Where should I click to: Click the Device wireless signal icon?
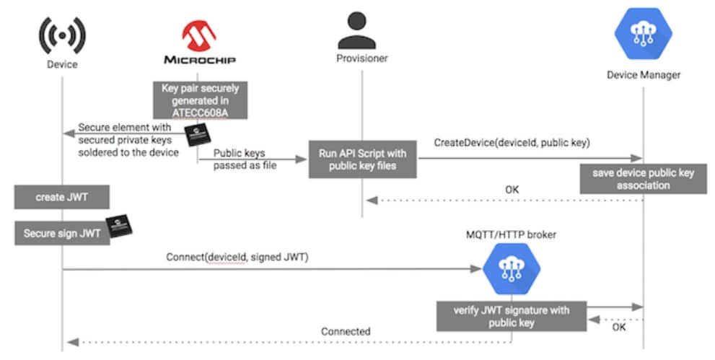(61, 34)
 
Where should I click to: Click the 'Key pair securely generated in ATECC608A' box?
(200, 100)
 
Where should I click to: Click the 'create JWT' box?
(61, 197)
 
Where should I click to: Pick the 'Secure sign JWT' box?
(61, 234)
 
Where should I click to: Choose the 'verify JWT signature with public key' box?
(511, 317)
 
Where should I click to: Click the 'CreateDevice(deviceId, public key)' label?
(512, 143)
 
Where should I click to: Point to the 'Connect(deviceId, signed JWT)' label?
(237, 256)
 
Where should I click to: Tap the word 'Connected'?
(346, 331)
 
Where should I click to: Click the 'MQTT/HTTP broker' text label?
(511, 234)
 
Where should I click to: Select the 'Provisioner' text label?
(361, 58)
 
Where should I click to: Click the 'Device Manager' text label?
(643, 74)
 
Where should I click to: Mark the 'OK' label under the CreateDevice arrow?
(512, 190)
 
